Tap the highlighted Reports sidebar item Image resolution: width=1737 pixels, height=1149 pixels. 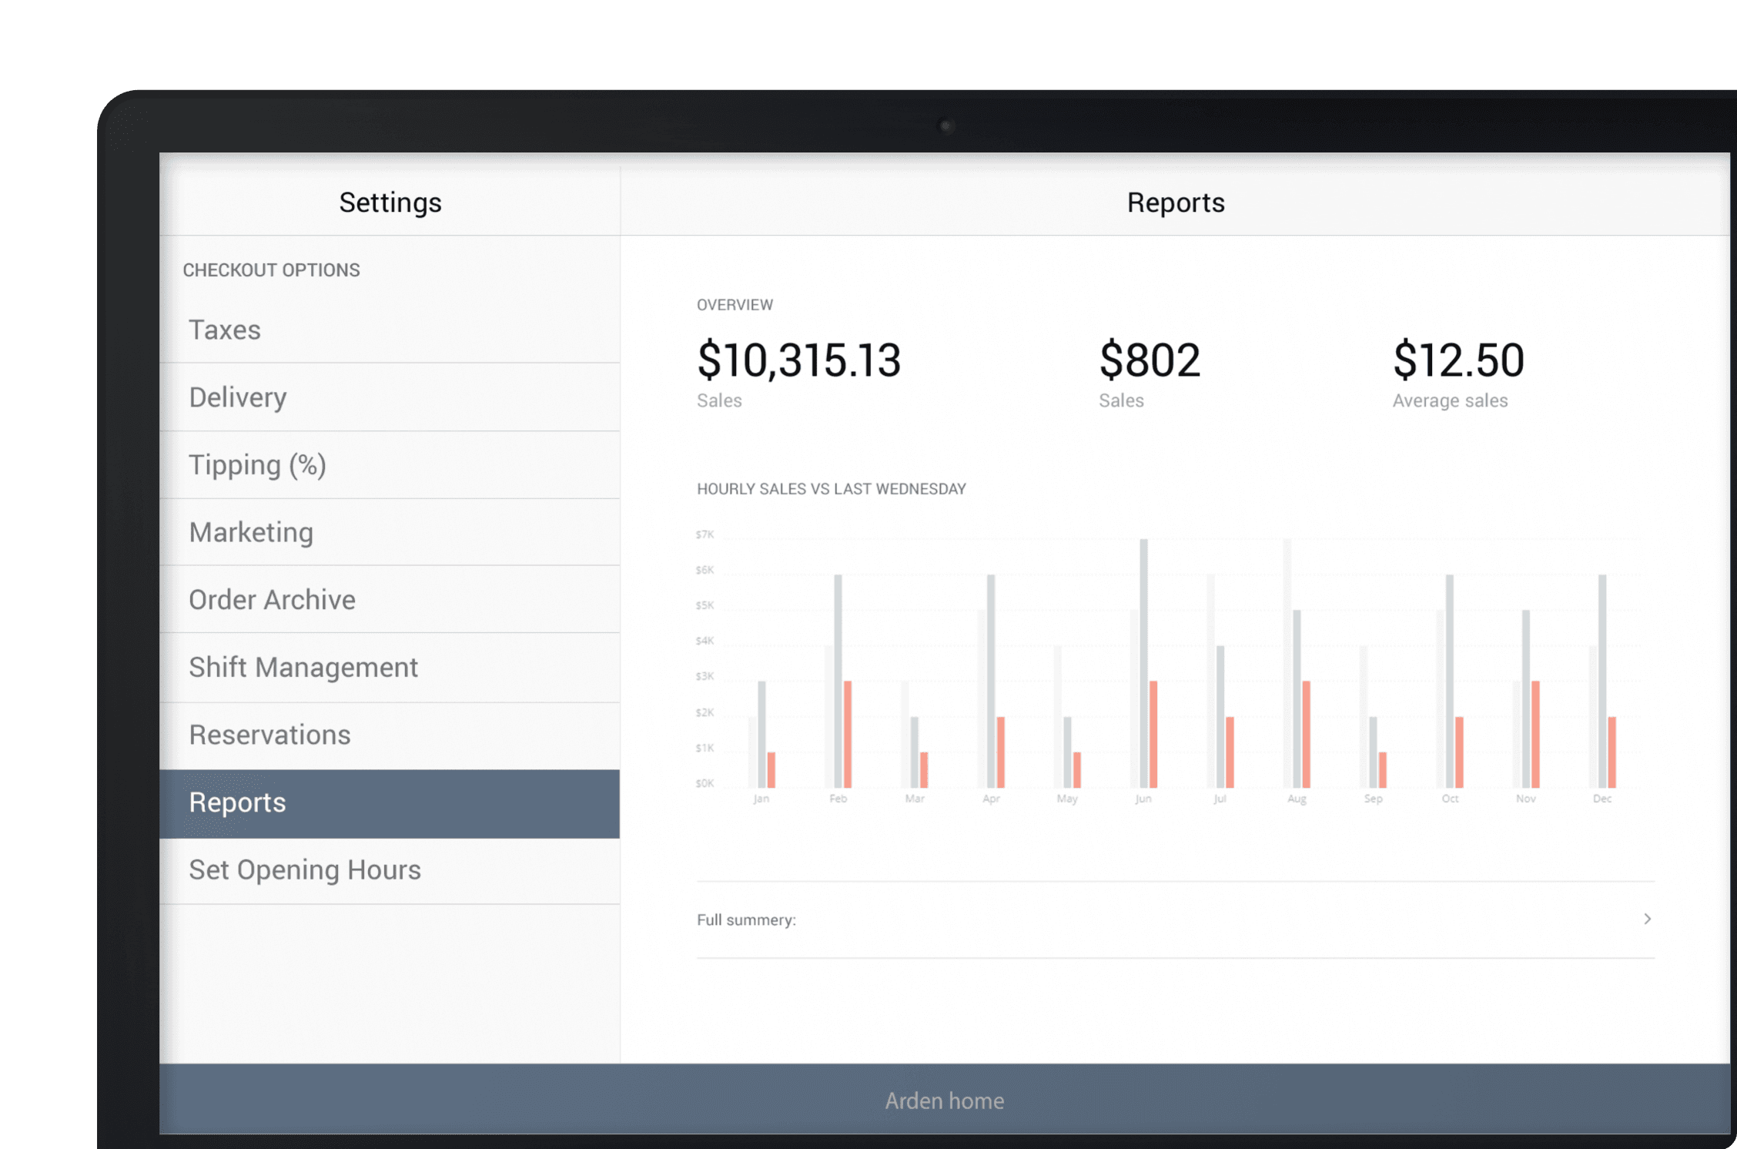coord(389,803)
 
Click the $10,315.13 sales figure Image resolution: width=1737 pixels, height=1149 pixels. coord(799,360)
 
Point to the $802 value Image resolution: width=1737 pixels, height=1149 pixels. coord(1150,360)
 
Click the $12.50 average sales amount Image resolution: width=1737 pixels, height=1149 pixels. coord(1458,360)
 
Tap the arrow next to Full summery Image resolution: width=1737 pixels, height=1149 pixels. coord(1648,919)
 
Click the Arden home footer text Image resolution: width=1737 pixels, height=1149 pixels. coord(945,1100)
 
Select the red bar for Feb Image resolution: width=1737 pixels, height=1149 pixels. coord(848,735)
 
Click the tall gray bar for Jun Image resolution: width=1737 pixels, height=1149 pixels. coord(1144,663)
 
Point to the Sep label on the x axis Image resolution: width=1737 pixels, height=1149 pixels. coord(1373,799)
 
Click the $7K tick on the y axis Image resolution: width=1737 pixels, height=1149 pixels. coord(705,534)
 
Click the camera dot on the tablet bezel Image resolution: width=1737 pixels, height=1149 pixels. coord(947,126)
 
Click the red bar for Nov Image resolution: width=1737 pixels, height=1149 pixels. coord(1535,735)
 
